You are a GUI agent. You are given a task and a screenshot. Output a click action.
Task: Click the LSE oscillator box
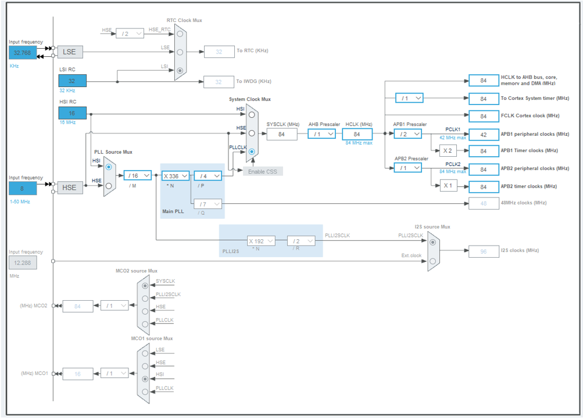(69, 52)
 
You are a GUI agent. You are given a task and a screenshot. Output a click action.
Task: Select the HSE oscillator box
(69, 188)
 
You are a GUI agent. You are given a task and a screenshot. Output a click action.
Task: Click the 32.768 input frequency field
(23, 52)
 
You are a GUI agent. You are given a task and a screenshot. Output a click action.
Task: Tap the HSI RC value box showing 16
(72, 113)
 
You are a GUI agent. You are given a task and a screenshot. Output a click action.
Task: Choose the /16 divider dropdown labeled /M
(137, 175)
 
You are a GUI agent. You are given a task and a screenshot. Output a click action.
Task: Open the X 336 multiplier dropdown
(175, 175)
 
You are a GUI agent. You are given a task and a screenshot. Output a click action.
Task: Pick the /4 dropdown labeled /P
(208, 175)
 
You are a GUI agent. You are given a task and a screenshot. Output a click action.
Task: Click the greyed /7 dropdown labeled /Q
(208, 204)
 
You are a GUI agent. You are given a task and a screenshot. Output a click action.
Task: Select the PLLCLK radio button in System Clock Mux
(252, 152)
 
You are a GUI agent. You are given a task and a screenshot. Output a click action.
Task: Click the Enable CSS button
(263, 171)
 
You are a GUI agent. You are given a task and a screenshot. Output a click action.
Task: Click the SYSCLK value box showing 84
(281, 134)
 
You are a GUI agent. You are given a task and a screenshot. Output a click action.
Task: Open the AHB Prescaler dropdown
(321, 134)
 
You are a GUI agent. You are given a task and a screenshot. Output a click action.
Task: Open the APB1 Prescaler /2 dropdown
(408, 134)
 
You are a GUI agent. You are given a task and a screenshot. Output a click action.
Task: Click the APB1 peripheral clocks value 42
(484, 134)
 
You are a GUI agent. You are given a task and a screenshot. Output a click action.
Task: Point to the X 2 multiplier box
(448, 151)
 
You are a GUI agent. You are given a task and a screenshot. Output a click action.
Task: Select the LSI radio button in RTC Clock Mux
(180, 71)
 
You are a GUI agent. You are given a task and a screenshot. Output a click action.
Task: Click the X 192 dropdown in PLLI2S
(261, 241)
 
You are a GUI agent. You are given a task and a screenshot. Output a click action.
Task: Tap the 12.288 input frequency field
(23, 263)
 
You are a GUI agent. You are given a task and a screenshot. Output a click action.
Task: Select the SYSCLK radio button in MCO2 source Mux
(145, 286)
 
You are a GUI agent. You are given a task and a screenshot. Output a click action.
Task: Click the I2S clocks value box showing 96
(484, 251)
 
